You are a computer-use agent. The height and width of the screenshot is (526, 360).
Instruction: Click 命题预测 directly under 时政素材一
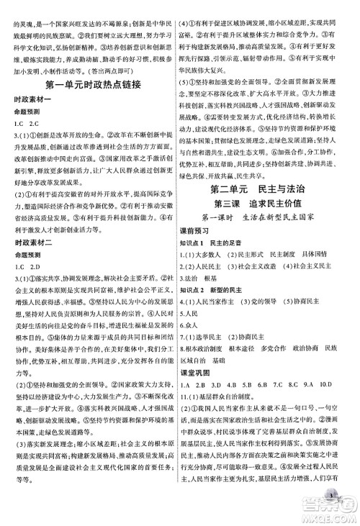pyautogui.click(x=30, y=111)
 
